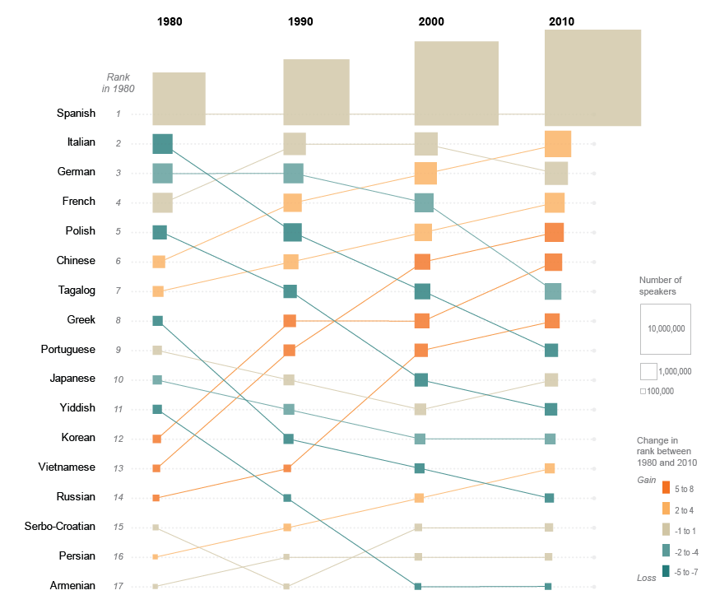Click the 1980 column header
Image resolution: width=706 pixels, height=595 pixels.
point(170,21)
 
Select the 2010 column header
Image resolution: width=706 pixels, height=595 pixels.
point(561,21)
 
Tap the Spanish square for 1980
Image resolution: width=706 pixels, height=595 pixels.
point(179,99)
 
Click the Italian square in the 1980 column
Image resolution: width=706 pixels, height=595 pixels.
point(162,144)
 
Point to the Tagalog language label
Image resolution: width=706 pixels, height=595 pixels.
point(76,291)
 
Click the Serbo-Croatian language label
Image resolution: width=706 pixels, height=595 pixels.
point(60,526)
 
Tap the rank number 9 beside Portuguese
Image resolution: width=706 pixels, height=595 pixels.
point(118,351)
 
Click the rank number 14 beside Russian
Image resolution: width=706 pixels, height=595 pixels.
point(118,498)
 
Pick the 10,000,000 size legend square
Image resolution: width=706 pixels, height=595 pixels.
point(665,328)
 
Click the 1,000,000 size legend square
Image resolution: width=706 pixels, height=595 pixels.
point(648,371)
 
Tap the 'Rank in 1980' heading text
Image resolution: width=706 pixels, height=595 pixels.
point(118,82)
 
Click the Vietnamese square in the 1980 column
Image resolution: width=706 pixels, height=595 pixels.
point(156,468)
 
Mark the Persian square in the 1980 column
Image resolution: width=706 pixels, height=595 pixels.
point(155,557)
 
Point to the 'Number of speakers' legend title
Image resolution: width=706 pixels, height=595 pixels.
point(660,286)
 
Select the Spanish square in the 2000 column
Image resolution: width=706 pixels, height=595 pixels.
point(456,83)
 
